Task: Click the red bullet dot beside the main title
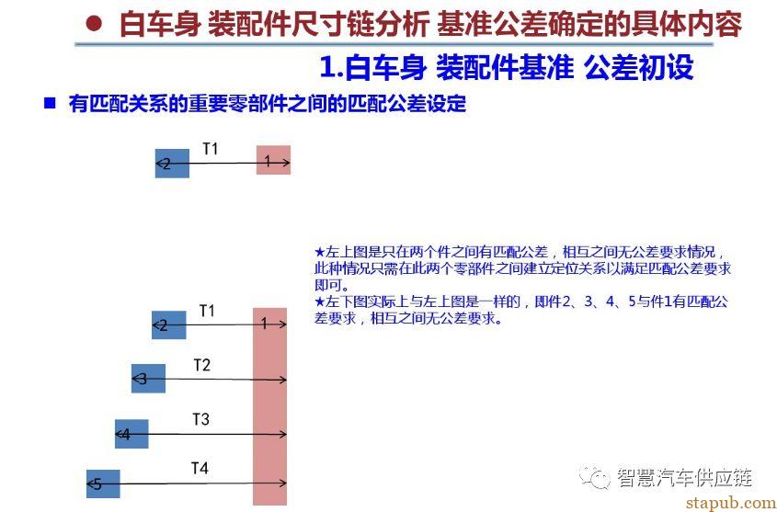[95, 23]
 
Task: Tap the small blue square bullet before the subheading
[49, 104]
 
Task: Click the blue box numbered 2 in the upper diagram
[172, 163]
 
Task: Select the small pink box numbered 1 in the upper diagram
[273, 160]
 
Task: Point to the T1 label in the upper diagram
[210, 149]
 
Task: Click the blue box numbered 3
[148, 379]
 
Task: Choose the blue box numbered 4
[131, 434]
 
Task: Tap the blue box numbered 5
[103, 484]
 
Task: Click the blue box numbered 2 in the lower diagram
[169, 324]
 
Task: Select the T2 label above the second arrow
[201, 366]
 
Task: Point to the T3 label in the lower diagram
[200, 420]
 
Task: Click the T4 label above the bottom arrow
[200, 468]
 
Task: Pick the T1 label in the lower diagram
[207, 311]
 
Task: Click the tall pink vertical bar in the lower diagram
[270, 406]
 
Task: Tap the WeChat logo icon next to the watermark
[596, 479]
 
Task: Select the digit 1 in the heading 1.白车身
[326, 68]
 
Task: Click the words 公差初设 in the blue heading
[639, 67]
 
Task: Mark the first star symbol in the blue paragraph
[319, 252]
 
